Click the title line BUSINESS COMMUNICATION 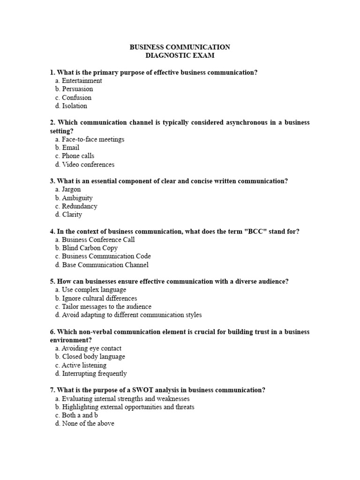pos(180,47)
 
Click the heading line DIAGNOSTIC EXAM pos(180,56)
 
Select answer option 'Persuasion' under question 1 pos(77,89)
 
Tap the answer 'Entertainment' pos(82,81)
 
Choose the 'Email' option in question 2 pos(71,148)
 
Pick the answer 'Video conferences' pos(88,165)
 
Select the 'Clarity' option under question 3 pos(72,215)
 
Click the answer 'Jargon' pos(71,189)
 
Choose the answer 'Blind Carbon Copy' pos(90,248)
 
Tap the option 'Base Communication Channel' pos(105,265)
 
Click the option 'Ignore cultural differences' pos(99,298)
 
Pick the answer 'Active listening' pos(84,365)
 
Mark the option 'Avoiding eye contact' pos(91,348)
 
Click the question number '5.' pos(52,281)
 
